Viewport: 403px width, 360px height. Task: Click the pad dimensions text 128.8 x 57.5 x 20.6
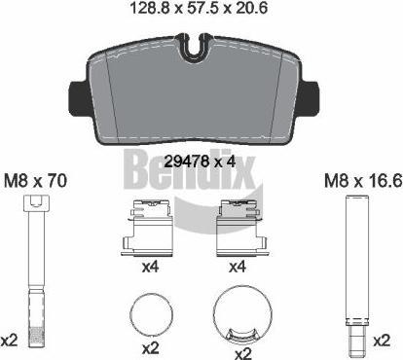click(199, 8)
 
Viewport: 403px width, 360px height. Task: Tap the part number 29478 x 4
click(200, 161)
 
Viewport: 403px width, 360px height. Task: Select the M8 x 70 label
click(35, 180)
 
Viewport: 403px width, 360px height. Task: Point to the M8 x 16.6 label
click(363, 180)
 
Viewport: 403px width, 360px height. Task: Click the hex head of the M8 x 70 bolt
click(36, 203)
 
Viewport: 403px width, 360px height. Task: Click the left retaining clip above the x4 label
click(148, 228)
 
